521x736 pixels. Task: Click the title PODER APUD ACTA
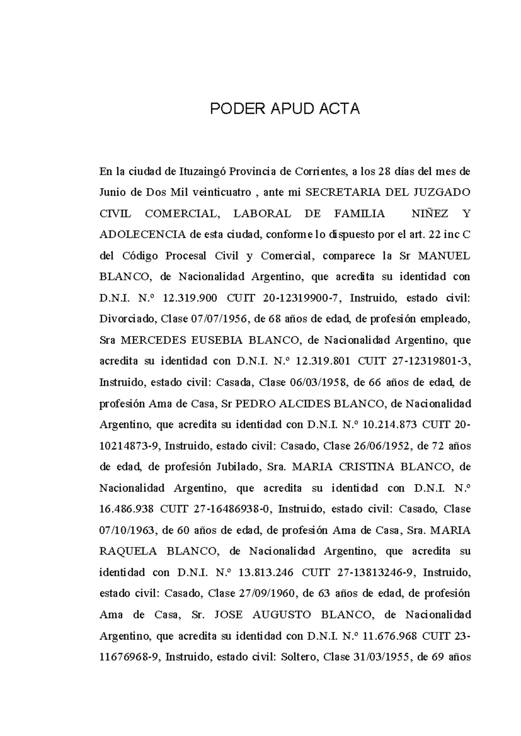[x=285, y=108]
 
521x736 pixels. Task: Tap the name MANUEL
[x=444, y=256]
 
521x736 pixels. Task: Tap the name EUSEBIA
[x=217, y=340]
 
